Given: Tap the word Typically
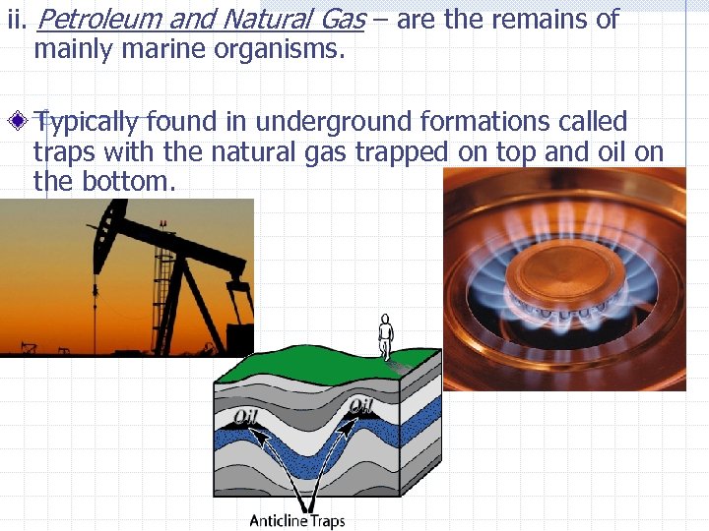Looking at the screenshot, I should pos(87,123).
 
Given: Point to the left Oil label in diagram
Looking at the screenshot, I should pos(243,416).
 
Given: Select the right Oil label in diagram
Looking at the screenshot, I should pos(360,406).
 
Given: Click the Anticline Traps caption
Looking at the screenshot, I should pos(296,520).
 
